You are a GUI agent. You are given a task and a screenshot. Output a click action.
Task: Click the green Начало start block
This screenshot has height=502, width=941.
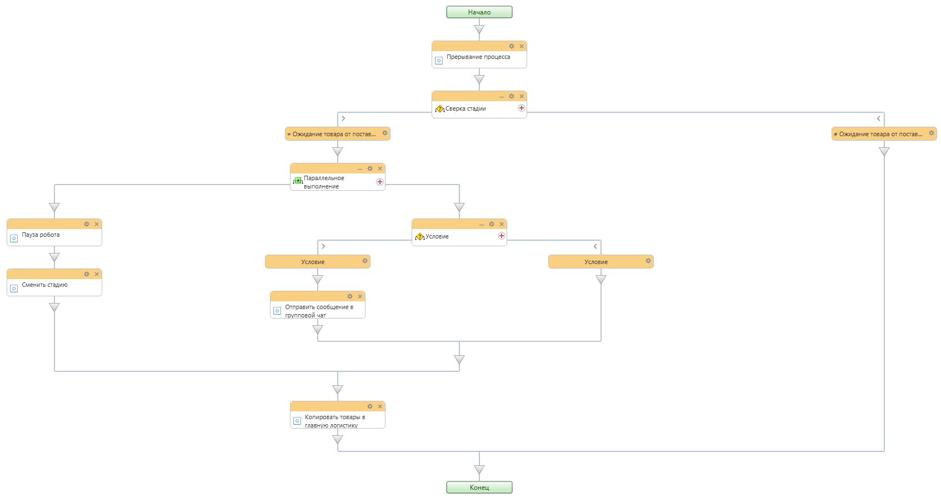479,12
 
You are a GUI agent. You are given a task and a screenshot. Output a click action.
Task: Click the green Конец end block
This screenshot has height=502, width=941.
479,488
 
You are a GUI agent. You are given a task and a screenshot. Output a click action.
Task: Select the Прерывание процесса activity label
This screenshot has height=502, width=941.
478,57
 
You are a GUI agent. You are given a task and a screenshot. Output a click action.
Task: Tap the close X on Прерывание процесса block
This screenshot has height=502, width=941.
522,46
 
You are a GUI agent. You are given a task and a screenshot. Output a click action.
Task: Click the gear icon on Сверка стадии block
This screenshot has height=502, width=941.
511,96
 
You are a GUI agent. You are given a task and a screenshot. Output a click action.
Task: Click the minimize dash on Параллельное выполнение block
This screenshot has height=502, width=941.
359,169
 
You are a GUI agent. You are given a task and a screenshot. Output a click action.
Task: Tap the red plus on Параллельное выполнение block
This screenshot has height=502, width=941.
380,182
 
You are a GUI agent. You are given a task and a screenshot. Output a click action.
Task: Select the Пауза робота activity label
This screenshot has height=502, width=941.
41,235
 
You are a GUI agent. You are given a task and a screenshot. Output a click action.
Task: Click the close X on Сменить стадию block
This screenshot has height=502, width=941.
97,274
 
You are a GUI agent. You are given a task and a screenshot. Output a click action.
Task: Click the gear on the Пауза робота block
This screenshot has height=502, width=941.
87,224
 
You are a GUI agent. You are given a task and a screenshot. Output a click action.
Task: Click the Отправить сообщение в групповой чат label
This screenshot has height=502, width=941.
319,311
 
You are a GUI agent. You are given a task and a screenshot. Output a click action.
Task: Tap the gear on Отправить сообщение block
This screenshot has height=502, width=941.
350,296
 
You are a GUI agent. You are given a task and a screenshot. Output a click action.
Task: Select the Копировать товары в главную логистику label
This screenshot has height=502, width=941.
335,421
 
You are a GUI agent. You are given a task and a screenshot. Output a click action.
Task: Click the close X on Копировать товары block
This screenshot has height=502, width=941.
380,406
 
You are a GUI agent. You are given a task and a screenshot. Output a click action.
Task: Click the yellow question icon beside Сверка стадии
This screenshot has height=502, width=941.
439,109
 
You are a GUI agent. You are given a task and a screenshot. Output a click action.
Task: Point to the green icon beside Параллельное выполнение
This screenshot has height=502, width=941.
297,181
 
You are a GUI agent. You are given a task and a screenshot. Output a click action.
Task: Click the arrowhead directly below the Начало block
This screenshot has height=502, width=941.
479,29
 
